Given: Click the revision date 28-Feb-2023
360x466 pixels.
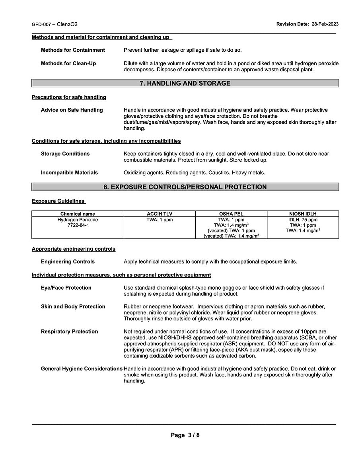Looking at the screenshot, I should click(x=325, y=24).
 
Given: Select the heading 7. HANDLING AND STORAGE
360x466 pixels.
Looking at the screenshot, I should click(x=185, y=84).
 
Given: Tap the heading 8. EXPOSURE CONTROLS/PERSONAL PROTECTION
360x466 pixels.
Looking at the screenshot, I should click(x=185, y=187).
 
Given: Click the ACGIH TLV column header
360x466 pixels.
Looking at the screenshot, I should click(x=160, y=214).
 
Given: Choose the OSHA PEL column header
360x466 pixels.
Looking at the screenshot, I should click(x=231, y=214).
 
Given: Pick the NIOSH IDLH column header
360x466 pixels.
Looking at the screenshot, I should click(x=303, y=214).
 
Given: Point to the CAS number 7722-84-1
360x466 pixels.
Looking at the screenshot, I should click(x=78, y=225).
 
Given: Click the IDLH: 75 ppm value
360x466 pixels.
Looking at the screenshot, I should click(x=303, y=220).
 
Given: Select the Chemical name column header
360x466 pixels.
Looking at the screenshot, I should click(x=78, y=214).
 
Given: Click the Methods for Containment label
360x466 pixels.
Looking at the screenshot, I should click(x=73, y=50).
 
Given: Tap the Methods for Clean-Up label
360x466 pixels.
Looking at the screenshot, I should click(x=68, y=64).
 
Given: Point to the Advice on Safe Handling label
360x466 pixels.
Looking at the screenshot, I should click(x=72, y=110).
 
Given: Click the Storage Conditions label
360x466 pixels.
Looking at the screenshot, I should click(x=65, y=154).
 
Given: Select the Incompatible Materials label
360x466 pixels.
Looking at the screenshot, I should click(x=69, y=173).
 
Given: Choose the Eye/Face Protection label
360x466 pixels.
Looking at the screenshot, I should click(x=66, y=288).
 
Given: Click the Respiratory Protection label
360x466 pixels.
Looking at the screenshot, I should click(x=69, y=332).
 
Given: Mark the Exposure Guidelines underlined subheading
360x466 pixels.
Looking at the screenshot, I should click(x=58, y=201).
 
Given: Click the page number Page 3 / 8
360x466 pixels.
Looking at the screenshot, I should click(x=185, y=435).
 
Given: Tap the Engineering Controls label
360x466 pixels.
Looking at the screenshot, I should click(x=68, y=262).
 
